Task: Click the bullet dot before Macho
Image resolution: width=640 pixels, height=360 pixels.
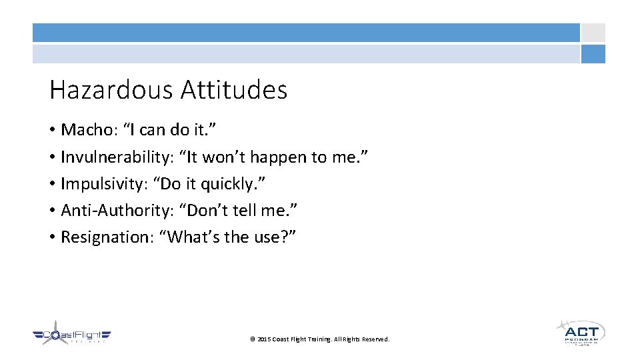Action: [x=53, y=129]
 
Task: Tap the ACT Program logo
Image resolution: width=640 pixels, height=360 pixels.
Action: [x=581, y=331]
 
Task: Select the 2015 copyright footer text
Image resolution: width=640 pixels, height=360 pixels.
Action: [x=319, y=339]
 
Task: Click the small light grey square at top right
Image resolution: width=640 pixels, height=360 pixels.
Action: [x=593, y=33]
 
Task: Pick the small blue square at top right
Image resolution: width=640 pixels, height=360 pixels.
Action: [x=593, y=54]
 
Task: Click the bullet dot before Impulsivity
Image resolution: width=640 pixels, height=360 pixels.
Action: [x=53, y=184]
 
